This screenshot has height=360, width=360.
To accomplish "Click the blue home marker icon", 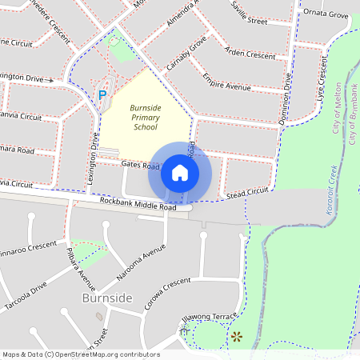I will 180,173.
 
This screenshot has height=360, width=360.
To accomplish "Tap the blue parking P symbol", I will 102,95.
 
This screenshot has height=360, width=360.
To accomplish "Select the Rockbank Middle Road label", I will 138,206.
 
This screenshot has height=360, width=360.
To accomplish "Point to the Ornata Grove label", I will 326,14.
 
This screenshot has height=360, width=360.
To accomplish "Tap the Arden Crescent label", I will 250,54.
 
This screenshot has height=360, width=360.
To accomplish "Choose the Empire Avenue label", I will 226,84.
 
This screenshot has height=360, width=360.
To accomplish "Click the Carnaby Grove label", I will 187,52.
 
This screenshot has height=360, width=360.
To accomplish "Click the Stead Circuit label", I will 246,193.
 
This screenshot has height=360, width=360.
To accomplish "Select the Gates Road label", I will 141,165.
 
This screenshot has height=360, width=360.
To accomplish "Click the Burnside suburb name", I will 107,298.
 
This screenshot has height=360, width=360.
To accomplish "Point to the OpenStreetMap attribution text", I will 81,354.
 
